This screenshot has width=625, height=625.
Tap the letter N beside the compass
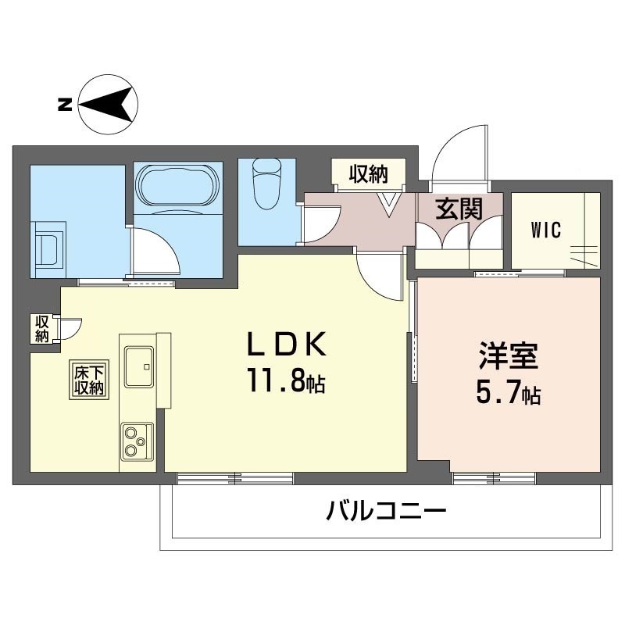66,104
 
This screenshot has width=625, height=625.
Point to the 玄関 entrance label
458,209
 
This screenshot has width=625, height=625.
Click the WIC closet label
546,230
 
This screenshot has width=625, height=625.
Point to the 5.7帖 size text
508,395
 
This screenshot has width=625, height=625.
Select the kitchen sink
137,366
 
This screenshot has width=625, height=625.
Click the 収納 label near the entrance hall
368,174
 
